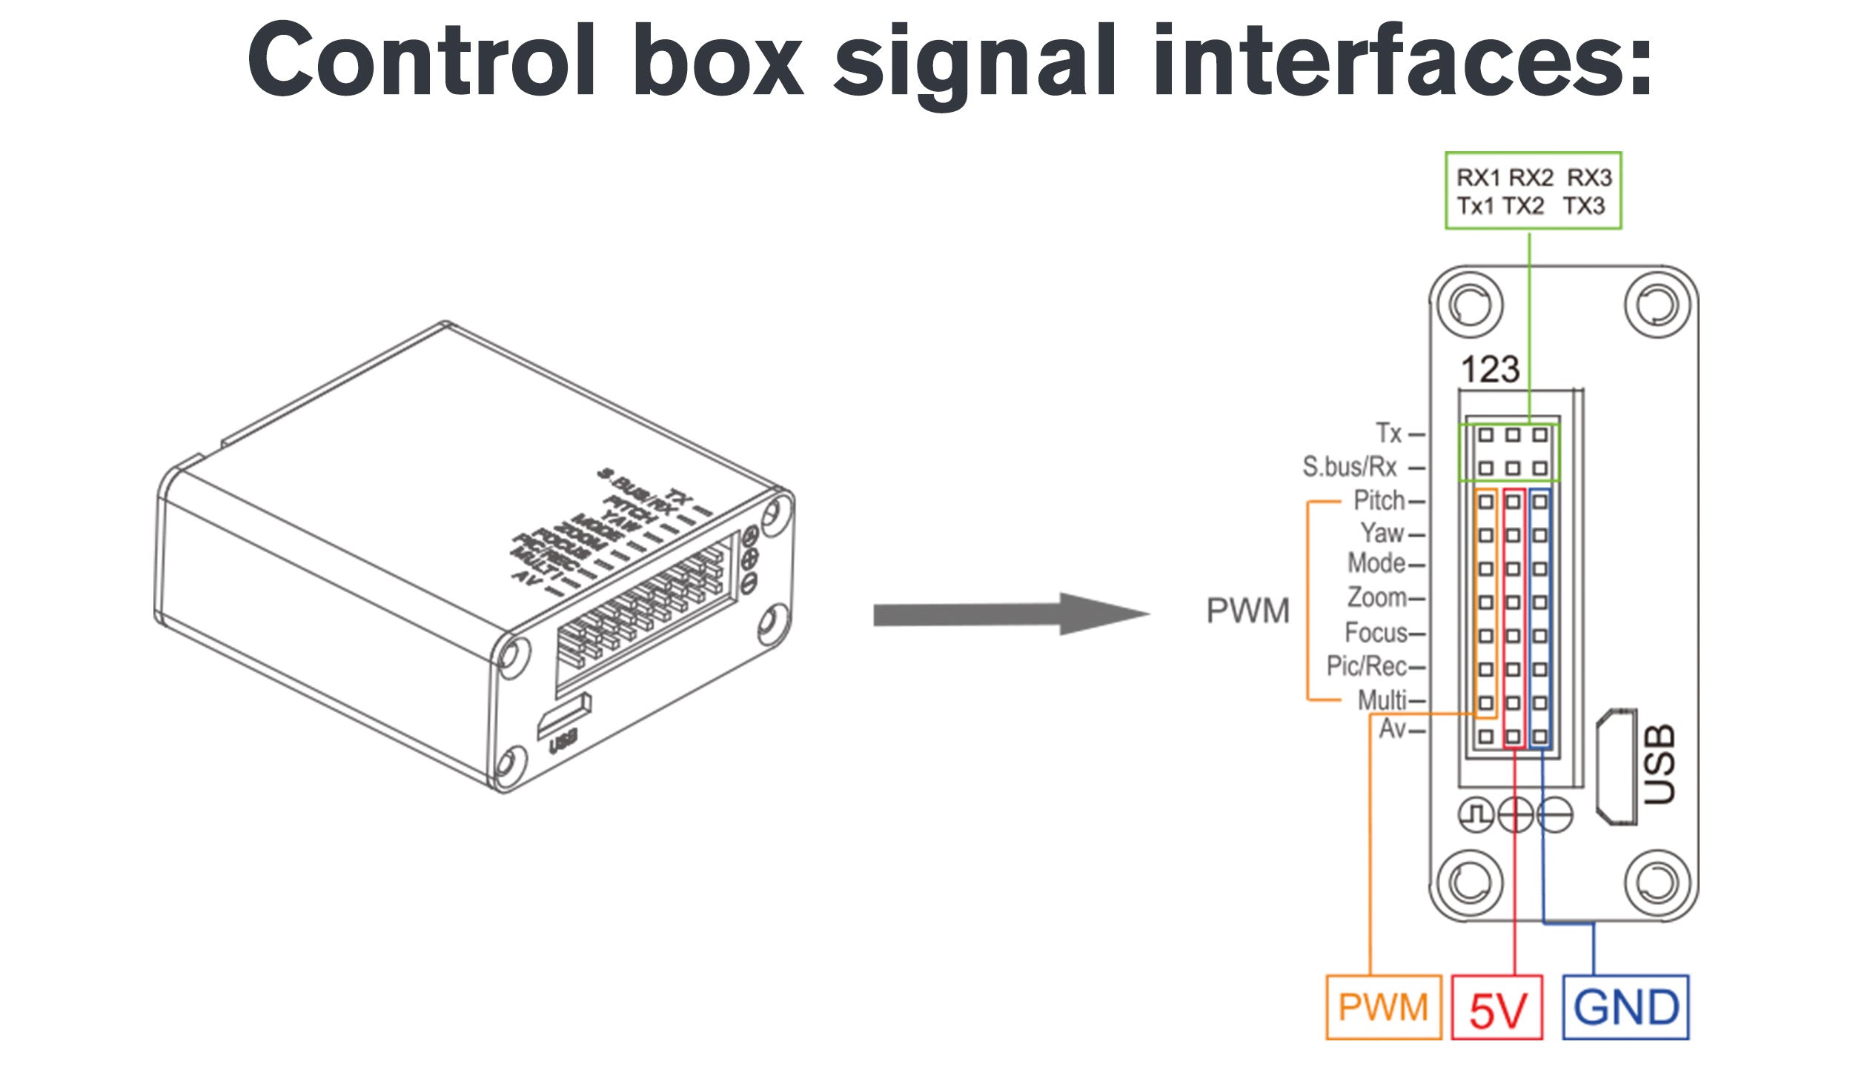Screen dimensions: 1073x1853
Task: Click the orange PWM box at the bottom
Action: (1383, 1007)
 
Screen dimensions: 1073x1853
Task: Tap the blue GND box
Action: (1625, 1008)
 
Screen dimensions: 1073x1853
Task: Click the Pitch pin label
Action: (1379, 501)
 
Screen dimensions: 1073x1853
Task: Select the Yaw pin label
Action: (1382, 533)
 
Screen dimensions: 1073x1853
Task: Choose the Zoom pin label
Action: (1376, 597)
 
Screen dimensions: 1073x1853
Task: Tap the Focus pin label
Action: (1376, 632)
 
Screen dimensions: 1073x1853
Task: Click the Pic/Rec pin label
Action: (1366, 666)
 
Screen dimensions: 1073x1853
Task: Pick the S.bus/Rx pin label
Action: (1349, 467)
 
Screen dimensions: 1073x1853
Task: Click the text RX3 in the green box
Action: (1589, 178)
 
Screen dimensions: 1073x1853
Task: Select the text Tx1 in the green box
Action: (1476, 206)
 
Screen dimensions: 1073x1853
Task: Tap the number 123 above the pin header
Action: (1490, 370)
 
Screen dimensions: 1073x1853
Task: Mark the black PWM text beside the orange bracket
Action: (1248, 611)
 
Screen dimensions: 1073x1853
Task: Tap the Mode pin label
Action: (1376, 564)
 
